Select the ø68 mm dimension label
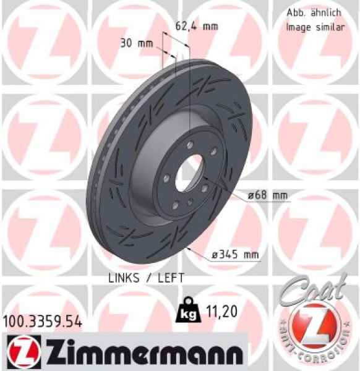[268, 196]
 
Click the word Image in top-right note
[298, 27]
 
